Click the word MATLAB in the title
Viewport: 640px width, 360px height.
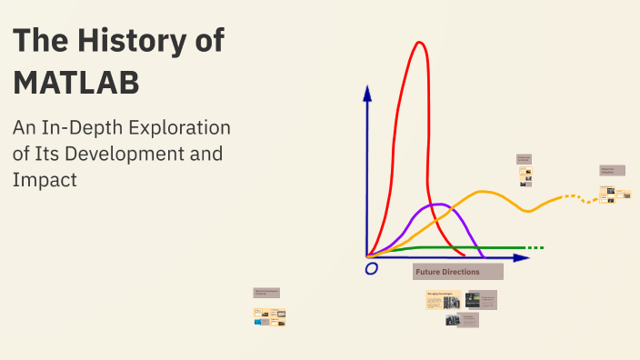pyautogui.click(x=76, y=82)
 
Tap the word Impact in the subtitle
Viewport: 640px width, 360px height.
pyautogui.click(x=45, y=179)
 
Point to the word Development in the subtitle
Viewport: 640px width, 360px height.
pyautogui.click(x=124, y=154)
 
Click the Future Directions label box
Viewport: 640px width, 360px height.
pyautogui.click(x=457, y=272)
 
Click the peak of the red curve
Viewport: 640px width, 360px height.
pyautogui.click(x=419, y=43)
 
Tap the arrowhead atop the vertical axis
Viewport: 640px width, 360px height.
pyautogui.click(x=367, y=92)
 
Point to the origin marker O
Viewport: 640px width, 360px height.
pyautogui.click(x=371, y=268)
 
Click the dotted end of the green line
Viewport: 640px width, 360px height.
pyautogui.click(x=535, y=247)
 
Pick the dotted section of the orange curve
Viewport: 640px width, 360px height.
pyautogui.click(x=575, y=197)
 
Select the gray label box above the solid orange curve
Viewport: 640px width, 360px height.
pyautogui.click(x=524, y=158)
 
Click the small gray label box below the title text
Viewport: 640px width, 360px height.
pyautogui.click(x=266, y=293)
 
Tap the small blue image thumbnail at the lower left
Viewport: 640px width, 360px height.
pyautogui.click(x=258, y=321)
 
